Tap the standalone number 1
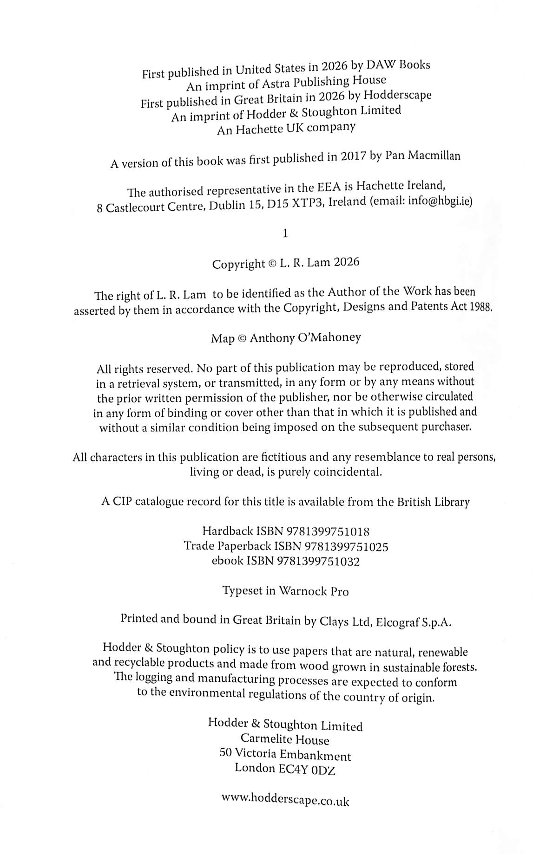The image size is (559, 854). click(x=285, y=233)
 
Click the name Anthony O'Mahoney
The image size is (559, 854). click(x=305, y=338)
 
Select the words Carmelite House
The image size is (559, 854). click(x=285, y=740)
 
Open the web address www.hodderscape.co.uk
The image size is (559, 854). click(x=285, y=800)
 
